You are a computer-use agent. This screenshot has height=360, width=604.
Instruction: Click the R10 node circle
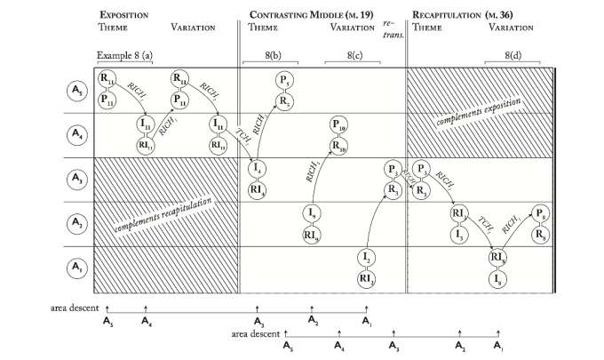(338, 145)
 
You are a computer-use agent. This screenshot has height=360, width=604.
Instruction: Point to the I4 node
(257, 168)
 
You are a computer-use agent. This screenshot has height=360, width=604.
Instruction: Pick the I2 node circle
(366, 257)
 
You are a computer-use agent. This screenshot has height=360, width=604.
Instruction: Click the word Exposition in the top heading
(124, 15)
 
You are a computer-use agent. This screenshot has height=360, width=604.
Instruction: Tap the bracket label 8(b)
(269, 55)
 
